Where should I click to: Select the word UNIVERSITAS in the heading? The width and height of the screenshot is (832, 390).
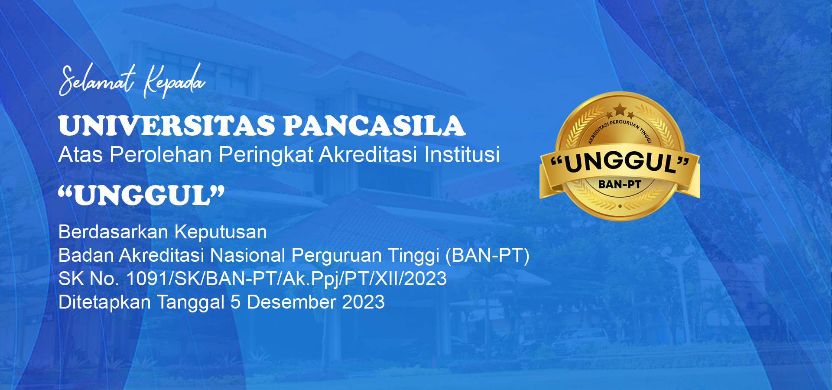tap(167, 126)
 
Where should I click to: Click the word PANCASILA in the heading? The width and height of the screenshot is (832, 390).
tap(374, 126)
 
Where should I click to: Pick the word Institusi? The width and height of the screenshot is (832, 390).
tap(462, 154)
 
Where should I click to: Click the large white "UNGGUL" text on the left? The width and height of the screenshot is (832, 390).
tap(142, 195)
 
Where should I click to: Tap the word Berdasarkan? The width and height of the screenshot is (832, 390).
tap(113, 232)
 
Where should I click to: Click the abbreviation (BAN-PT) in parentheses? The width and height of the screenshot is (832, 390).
tap(487, 256)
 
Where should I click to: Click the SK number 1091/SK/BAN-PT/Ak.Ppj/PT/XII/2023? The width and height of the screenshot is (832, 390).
tap(286, 279)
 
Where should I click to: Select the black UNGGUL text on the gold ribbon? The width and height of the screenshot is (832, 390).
tap(620, 162)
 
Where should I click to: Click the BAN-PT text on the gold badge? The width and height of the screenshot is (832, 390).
tap(620, 185)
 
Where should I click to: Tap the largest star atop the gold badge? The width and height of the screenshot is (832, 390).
tap(620, 109)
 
